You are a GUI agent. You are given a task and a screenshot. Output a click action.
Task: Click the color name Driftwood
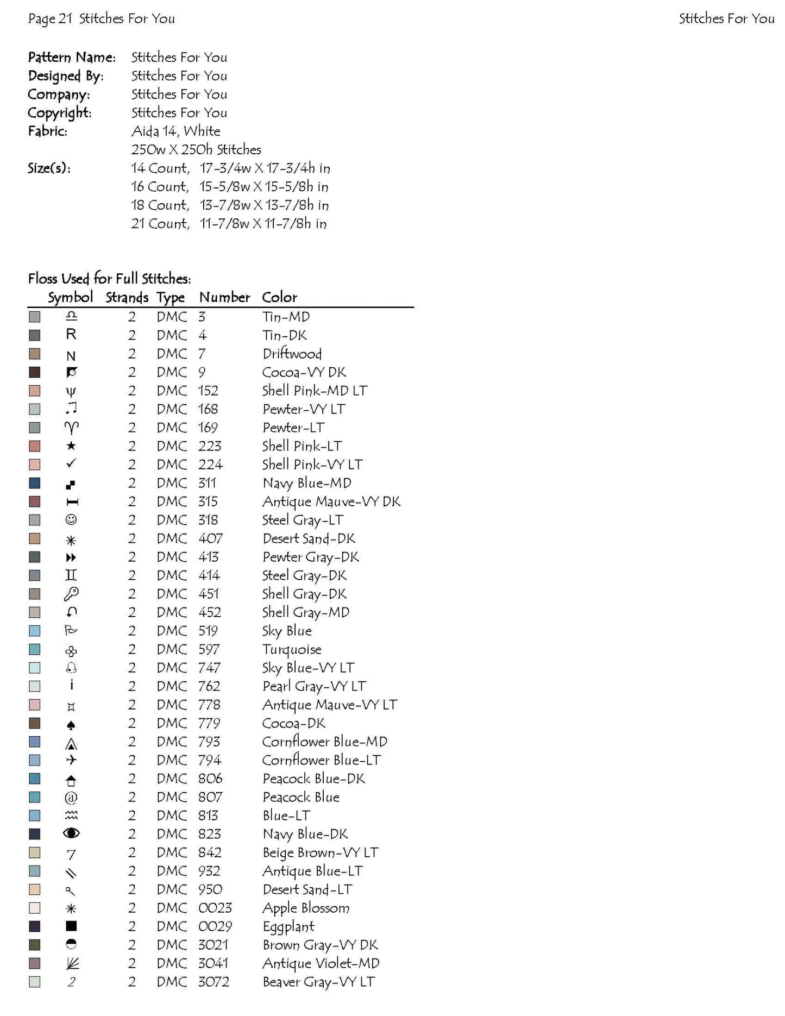292,354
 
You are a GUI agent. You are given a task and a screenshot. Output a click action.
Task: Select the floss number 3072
213,982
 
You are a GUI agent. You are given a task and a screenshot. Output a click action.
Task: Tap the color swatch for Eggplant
35,926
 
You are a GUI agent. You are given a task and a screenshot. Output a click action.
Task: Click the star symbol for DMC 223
71,446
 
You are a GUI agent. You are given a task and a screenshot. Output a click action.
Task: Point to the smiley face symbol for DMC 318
71,520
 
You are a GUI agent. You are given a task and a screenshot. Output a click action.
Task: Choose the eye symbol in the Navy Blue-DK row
71,833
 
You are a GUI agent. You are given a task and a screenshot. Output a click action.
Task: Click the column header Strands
127,297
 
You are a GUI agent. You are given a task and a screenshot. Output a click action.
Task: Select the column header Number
224,297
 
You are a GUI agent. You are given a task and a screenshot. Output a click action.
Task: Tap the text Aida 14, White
175,131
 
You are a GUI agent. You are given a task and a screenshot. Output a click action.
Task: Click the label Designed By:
66,76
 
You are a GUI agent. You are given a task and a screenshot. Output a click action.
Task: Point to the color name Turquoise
292,649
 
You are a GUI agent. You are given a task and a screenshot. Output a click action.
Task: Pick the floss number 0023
215,908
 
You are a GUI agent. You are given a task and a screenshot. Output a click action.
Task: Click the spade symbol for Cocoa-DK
71,724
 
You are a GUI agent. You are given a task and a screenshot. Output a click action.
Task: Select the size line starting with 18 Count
229,205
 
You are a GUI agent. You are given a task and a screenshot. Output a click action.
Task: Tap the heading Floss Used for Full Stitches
109,279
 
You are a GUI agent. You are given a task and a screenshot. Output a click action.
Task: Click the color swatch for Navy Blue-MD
35,483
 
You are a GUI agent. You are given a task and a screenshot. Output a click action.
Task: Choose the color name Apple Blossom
306,908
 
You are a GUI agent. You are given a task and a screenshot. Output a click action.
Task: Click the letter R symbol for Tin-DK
71,335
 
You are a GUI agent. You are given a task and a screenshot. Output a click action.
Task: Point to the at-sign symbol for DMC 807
71,798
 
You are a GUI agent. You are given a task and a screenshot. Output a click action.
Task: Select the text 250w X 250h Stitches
196,149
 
